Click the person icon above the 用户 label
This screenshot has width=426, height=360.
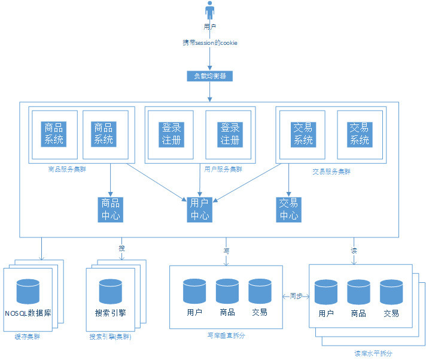click(x=210, y=11)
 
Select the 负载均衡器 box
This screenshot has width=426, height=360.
click(x=209, y=76)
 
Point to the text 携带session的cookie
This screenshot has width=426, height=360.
click(x=210, y=43)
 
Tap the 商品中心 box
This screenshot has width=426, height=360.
click(x=111, y=209)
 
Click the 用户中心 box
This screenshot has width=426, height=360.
click(x=200, y=209)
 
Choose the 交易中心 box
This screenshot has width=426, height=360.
click(x=289, y=209)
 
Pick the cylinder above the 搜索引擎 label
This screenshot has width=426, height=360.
click(x=111, y=291)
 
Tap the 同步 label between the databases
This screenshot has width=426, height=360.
click(x=296, y=295)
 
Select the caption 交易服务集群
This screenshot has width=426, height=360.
click(x=331, y=171)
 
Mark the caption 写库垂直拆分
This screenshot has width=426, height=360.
click(x=226, y=335)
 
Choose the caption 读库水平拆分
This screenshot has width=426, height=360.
click(x=373, y=353)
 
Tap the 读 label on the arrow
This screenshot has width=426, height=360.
click(x=354, y=250)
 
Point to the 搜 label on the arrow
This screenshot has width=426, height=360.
click(x=122, y=248)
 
